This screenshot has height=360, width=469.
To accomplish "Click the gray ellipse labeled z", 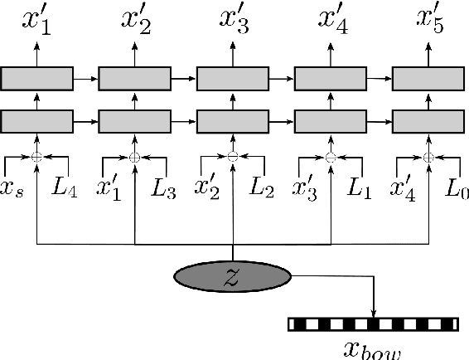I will tap(233, 277).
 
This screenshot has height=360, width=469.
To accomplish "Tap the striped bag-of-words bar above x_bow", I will tap(373, 324).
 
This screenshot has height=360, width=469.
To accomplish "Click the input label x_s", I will tap(13, 189).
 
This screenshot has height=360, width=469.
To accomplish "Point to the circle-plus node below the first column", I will tap(36, 157).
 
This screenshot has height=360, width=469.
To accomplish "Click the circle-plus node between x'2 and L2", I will tap(233, 157).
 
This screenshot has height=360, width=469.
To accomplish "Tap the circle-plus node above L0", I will tap(428, 157).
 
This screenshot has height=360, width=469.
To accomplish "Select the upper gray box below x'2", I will tap(134, 79).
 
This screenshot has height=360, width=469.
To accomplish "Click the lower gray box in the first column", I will tap(36, 121).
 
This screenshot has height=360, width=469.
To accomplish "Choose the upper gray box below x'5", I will tap(428, 79).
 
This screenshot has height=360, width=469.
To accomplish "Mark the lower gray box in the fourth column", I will tap(331, 121).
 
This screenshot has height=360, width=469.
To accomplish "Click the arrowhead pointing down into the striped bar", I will tap(375, 314).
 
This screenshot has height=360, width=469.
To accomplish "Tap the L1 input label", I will tap(359, 187).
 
